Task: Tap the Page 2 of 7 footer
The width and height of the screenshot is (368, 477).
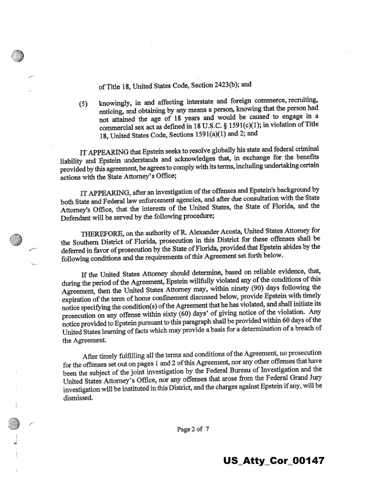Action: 193,429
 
